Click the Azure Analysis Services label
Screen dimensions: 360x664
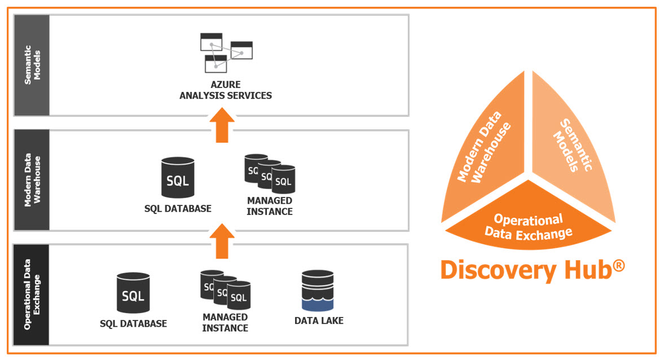[x=226, y=90]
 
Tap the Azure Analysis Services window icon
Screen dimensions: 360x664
[x=226, y=52]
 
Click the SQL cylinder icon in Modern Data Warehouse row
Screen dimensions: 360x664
[x=178, y=179]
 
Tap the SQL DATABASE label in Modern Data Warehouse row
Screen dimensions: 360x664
[x=178, y=209]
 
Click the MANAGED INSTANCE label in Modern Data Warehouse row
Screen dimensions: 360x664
[x=270, y=206]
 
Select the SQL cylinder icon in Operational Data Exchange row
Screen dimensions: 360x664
[x=133, y=293]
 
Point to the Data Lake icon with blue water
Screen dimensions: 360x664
[x=318, y=291]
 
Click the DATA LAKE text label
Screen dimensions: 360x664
[x=319, y=321]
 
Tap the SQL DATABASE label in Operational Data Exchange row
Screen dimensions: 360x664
[x=133, y=324]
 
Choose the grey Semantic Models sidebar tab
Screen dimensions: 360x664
[x=32, y=65]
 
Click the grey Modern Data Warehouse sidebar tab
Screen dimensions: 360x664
[x=32, y=180]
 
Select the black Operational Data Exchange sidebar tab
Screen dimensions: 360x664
[x=32, y=295]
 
